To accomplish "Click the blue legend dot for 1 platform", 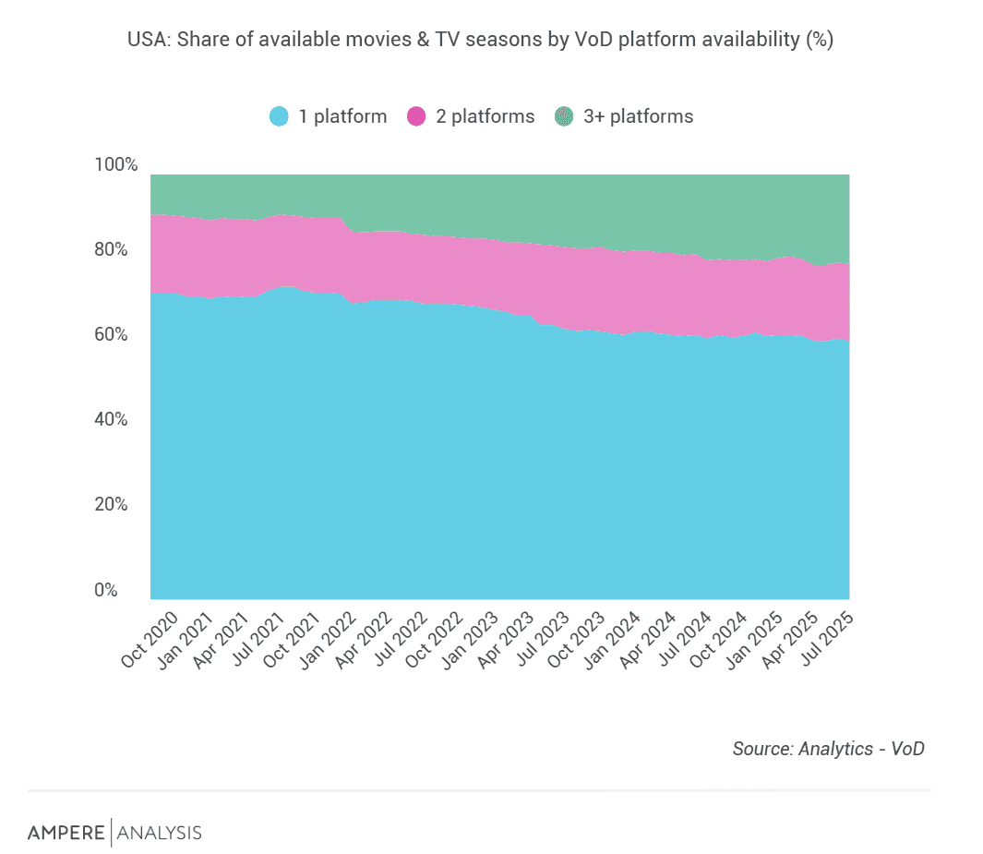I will (x=280, y=117).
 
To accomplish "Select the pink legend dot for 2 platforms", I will (x=417, y=117).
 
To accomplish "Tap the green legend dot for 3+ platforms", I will (x=564, y=117).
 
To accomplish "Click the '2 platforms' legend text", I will (x=485, y=117).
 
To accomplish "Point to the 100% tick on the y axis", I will (x=116, y=165).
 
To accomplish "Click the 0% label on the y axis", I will (x=107, y=590).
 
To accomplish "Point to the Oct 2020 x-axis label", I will (x=150, y=638).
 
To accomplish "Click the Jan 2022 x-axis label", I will (x=324, y=638).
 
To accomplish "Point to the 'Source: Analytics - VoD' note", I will (x=828, y=749).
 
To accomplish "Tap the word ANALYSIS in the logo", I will (x=159, y=833).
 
